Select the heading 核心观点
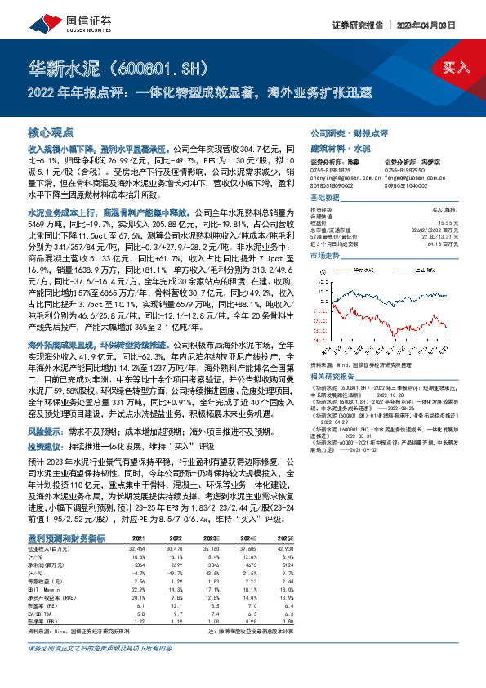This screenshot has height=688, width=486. coord(51,132)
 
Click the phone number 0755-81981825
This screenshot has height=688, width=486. coord(330,172)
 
